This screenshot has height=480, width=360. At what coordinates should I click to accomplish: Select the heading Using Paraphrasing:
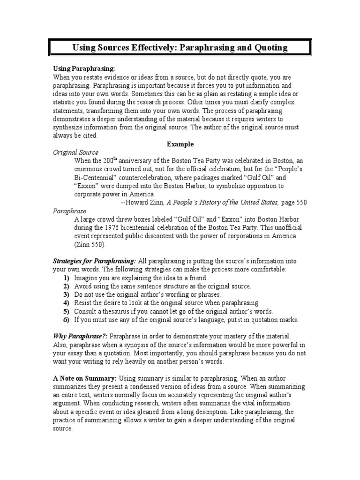[83, 68]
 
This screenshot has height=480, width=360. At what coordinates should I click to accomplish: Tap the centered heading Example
[180, 144]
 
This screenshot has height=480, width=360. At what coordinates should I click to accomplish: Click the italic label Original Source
[75, 152]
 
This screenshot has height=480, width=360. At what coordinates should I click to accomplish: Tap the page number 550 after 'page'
[300, 202]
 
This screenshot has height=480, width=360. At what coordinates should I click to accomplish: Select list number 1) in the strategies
[66, 278]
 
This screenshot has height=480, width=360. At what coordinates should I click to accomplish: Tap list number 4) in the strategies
[66, 303]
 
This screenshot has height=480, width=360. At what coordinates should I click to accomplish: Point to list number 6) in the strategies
[66, 320]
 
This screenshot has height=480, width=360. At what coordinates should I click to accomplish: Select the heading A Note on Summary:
[85, 378]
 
